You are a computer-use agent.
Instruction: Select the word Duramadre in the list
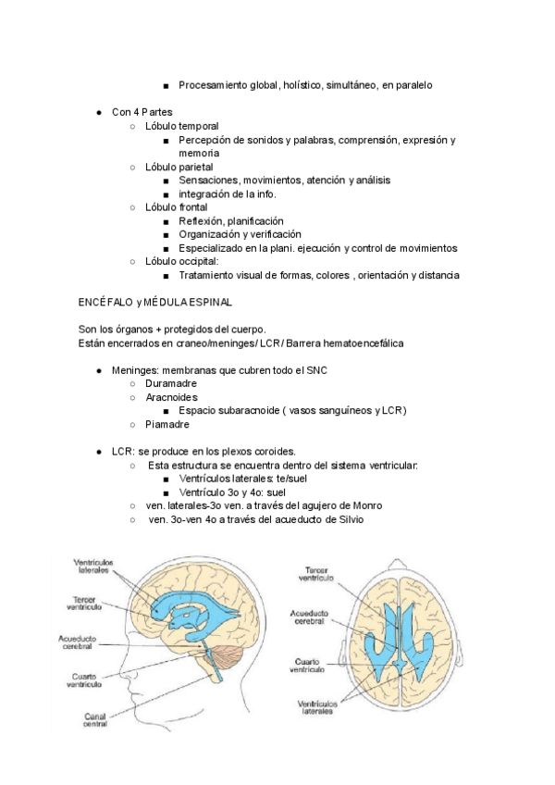coord(171,382)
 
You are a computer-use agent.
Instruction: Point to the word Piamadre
coord(167,424)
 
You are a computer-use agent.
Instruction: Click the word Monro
coord(364,505)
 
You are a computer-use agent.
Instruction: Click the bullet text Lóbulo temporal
coord(182,126)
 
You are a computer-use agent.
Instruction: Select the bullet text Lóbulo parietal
coord(181,167)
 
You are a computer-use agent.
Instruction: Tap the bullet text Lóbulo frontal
coord(177,207)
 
